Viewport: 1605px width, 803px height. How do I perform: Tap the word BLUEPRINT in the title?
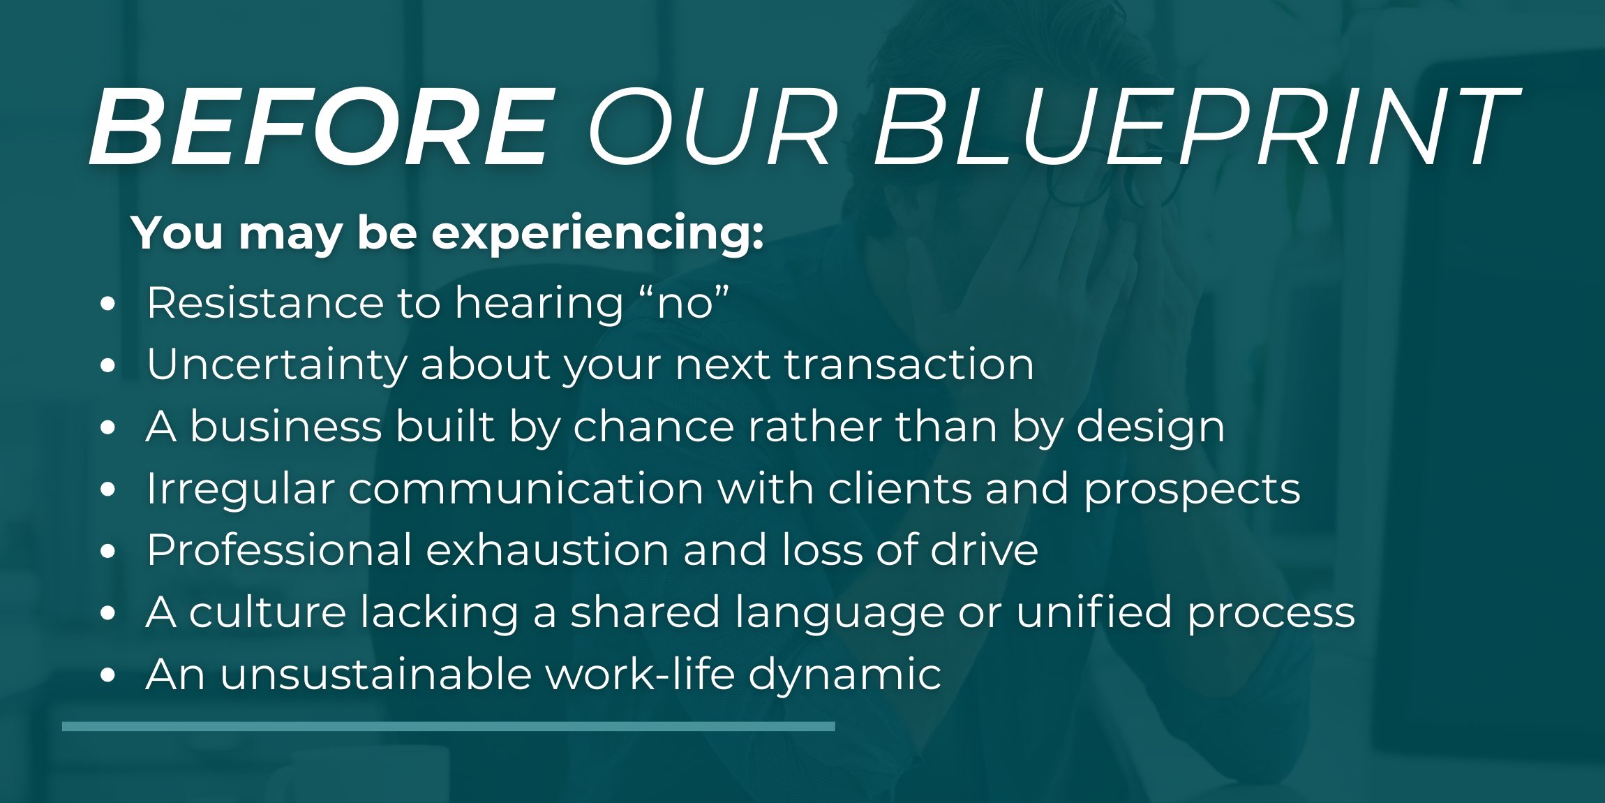tap(1197, 127)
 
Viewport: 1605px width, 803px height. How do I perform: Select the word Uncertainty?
tap(276, 364)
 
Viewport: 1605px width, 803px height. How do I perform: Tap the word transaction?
tap(909, 364)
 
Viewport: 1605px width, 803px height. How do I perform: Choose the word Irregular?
tap(240, 489)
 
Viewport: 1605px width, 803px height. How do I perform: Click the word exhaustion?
tap(548, 550)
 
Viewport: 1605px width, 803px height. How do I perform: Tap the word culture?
tap(268, 612)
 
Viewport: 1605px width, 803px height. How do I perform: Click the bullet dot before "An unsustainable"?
tap(107, 675)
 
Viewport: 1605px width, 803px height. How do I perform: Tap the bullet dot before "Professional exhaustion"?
tap(107, 551)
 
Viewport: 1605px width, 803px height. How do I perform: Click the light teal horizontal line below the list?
tap(449, 726)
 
